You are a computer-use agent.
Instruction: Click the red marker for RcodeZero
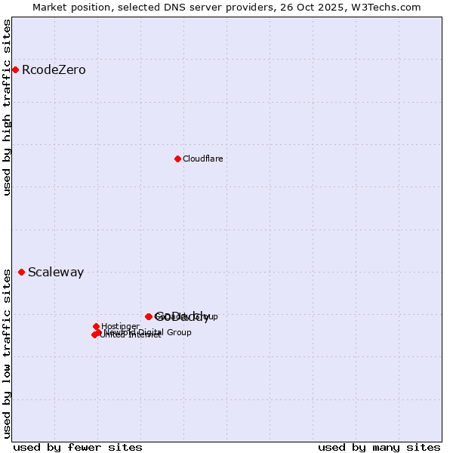(x=15, y=70)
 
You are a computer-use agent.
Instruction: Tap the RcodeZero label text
(x=54, y=70)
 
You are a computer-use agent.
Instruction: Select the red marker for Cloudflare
(x=177, y=159)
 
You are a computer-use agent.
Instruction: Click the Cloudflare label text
(x=202, y=159)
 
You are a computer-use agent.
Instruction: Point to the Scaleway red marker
(x=21, y=272)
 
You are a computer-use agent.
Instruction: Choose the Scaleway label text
(x=56, y=273)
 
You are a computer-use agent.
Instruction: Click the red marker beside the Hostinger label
(x=96, y=326)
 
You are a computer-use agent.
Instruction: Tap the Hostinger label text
(x=120, y=326)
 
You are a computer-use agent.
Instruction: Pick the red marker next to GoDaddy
(x=149, y=316)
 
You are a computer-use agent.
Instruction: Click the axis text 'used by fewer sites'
(x=78, y=447)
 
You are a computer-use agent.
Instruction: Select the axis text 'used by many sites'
(x=379, y=447)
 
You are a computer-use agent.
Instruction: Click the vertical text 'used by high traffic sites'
(x=8, y=108)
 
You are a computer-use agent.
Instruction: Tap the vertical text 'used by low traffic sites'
(x=8, y=353)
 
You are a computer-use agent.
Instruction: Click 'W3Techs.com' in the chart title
(x=392, y=7)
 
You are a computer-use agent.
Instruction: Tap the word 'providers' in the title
(x=262, y=7)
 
